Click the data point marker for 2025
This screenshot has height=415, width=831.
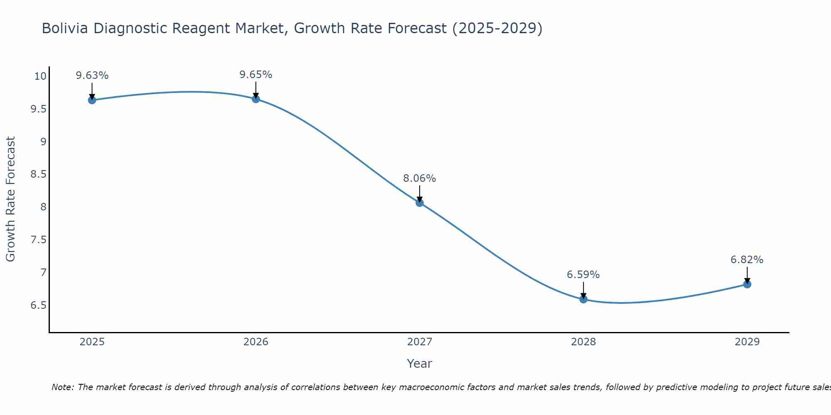[x=92, y=100]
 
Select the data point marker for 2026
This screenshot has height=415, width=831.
[x=256, y=99]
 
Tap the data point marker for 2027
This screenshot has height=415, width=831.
[x=420, y=203]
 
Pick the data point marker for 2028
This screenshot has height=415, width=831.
[x=583, y=299]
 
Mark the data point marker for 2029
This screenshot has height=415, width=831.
[x=747, y=284]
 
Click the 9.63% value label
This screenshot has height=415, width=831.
[x=92, y=76]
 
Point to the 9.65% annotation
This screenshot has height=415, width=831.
[x=256, y=75]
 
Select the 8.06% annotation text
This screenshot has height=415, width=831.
[x=420, y=178]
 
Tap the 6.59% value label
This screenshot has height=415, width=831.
[x=583, y=275]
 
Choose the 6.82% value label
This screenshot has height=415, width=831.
[x=747, y=260]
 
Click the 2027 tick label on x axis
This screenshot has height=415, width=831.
[x=420, y=342]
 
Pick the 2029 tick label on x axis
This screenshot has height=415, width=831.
[x=747, y=342]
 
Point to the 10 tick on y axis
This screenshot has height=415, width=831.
[x=40, y=76]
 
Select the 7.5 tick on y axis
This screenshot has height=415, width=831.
[x=38, y=240]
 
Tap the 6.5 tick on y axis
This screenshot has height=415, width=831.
[x=38, y=305]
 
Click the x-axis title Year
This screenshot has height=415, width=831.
[x=420, y=364]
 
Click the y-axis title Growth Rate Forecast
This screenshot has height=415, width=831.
[x=11, y=199]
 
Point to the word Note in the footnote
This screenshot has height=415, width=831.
[x=62, y=387]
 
